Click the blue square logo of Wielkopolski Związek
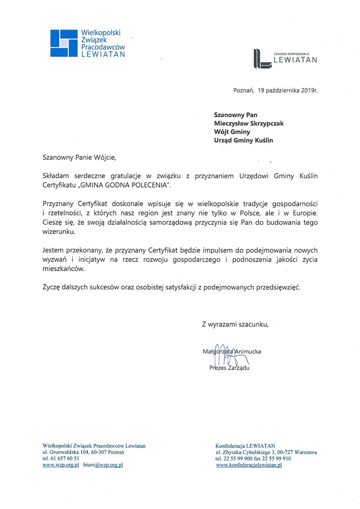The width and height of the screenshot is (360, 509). pos(64,43)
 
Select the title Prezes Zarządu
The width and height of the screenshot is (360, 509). pos(229,368)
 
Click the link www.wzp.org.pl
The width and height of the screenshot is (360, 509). pos(60,465)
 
